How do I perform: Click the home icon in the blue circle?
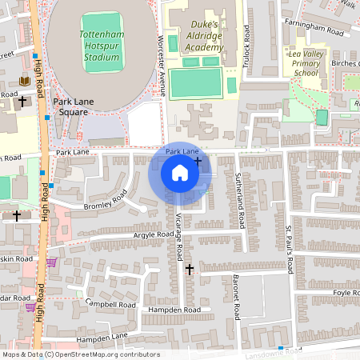[180, 173]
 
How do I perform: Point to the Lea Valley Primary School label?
[305, 62]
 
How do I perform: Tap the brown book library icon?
[24, 82]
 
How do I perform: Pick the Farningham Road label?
[313, 29]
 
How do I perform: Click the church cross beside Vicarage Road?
[190, 270]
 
